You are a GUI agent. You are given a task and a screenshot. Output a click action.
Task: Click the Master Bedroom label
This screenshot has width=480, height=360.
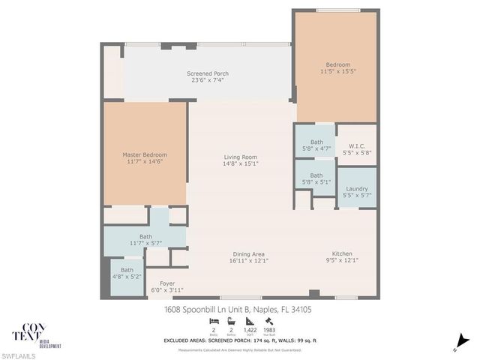(x=144, y=155)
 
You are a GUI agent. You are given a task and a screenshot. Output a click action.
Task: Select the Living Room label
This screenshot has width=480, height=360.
(x=241, y=157)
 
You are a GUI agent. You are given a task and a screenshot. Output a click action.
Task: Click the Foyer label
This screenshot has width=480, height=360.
(x=166, y=283)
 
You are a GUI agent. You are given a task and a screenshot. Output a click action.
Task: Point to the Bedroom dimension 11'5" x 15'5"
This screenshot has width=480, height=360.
(x=337, y=72)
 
